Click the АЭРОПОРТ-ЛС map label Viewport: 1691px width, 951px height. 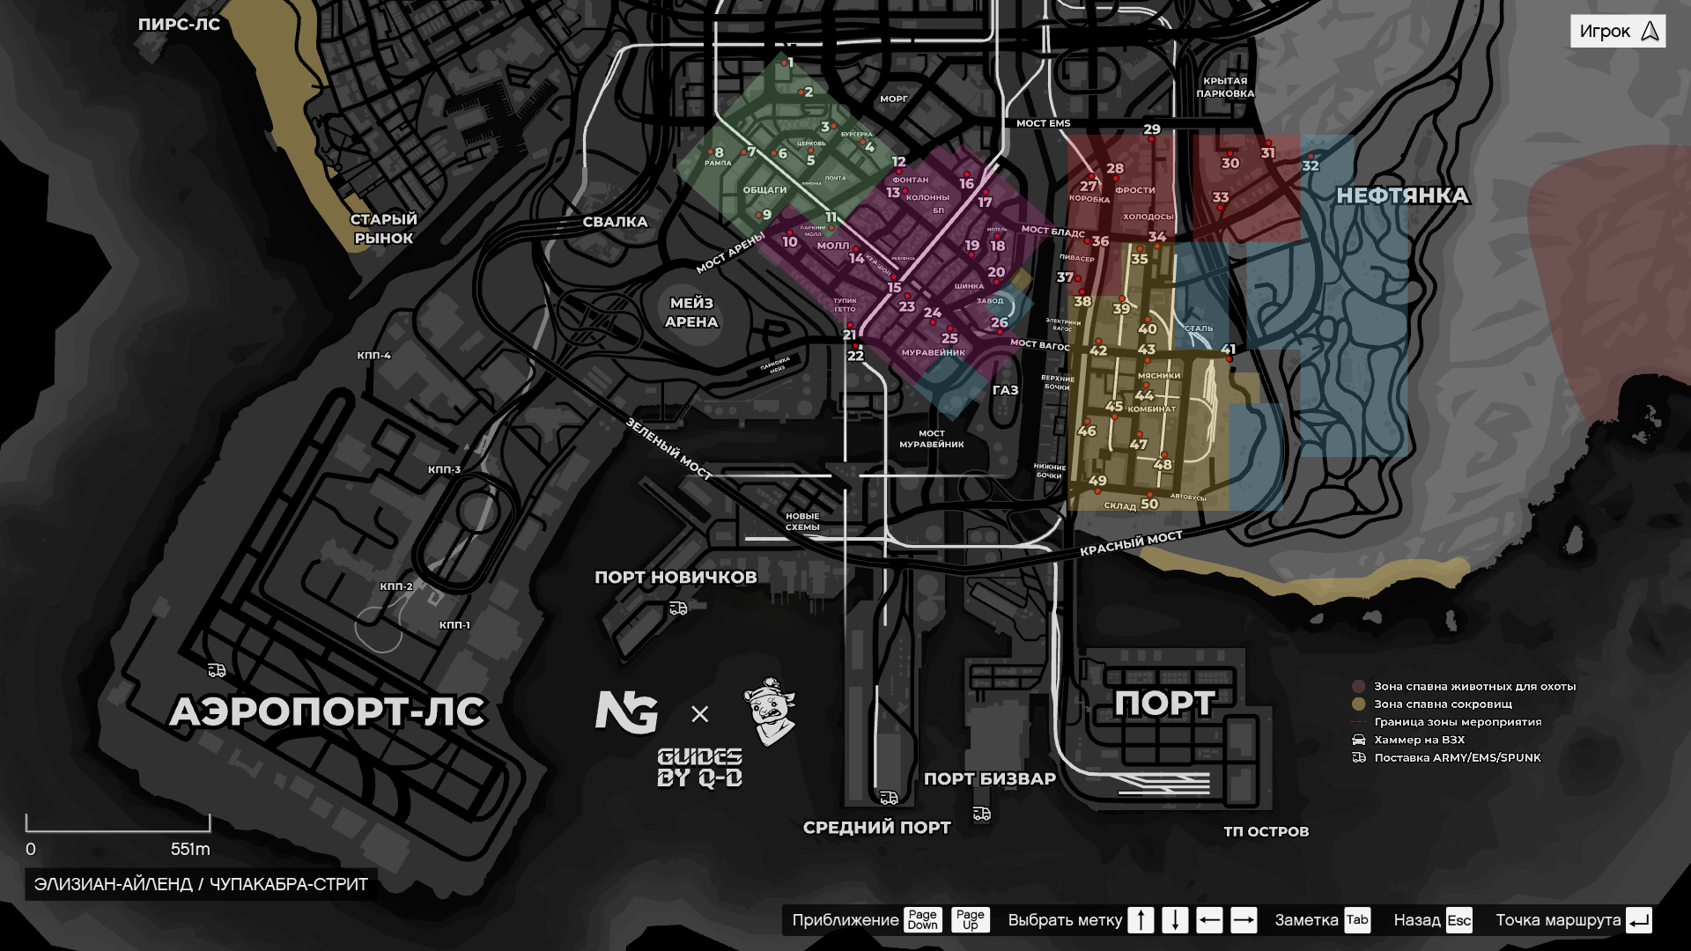point(327,711)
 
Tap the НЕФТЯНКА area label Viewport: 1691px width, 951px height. point(1402,195)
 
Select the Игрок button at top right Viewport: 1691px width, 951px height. point(1617,32)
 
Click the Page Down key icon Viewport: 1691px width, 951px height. point(922,920)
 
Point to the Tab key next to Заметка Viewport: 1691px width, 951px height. point(1356,920)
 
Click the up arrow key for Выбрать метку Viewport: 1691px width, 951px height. point(1141,920)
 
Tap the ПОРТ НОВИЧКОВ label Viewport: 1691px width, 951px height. point(676,578)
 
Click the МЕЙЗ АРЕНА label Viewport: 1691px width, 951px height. point(691,313)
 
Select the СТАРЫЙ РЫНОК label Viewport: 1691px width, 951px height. point(383,229)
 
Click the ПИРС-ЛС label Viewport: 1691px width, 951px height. point(179,25)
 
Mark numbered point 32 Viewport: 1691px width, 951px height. point(1311,166)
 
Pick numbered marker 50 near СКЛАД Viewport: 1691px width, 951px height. point(1149,504)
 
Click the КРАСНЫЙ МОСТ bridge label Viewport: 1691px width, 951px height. point(1131,543)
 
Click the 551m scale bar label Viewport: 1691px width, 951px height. point(190,850)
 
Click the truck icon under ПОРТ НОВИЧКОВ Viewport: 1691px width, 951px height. point(678,608)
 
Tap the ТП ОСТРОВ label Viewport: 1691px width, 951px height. point(1266,831)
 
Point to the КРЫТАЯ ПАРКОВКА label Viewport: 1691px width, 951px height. point(1225,87)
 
